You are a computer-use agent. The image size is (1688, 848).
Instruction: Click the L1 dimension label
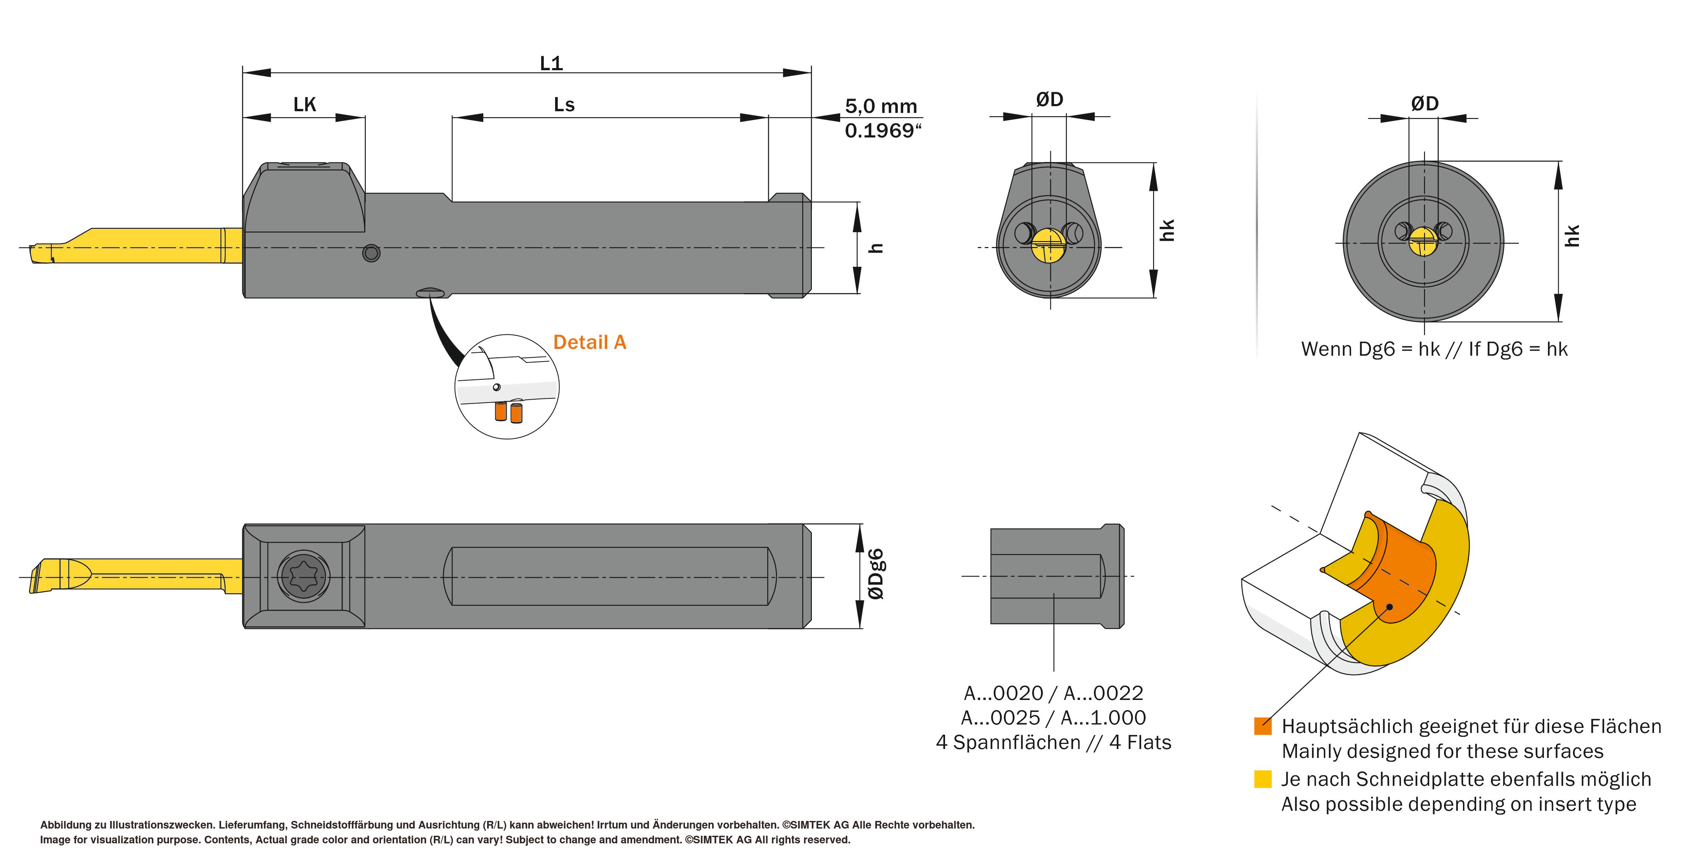pyautogui.click(x=551, y=63)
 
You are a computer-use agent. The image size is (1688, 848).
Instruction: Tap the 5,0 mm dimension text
pyautogui.click(x=881, y=106)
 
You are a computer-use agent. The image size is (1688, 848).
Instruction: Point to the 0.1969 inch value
pyautogui.click(x=882, y=130)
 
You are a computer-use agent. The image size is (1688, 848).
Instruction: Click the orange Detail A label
pyautogui.click(x=590, y=342)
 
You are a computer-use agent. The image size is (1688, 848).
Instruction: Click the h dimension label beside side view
pyautogui.click(x=876, y=248)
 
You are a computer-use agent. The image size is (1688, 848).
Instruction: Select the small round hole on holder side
pyautogui.click(x=371, y=253)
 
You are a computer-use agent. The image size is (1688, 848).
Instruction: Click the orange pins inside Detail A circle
pyautogui.click(x=509, y=412)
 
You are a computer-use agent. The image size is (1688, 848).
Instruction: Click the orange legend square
pyautogui.click(x=1262, y=726)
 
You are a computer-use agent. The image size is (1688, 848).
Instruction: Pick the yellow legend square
pyautogui.click(x=1262, y=779)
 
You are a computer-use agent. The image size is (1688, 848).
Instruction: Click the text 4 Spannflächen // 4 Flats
pyautogui.click(x=1053, y=743)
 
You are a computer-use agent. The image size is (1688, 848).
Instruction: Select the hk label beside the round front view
pyautogui.click(x=1572, y=236)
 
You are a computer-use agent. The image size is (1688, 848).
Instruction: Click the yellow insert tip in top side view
pyautogui.click(x=43, y=252)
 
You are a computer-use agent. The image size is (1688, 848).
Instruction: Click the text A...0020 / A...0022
pyautogui.click(x=1053, y=693)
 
